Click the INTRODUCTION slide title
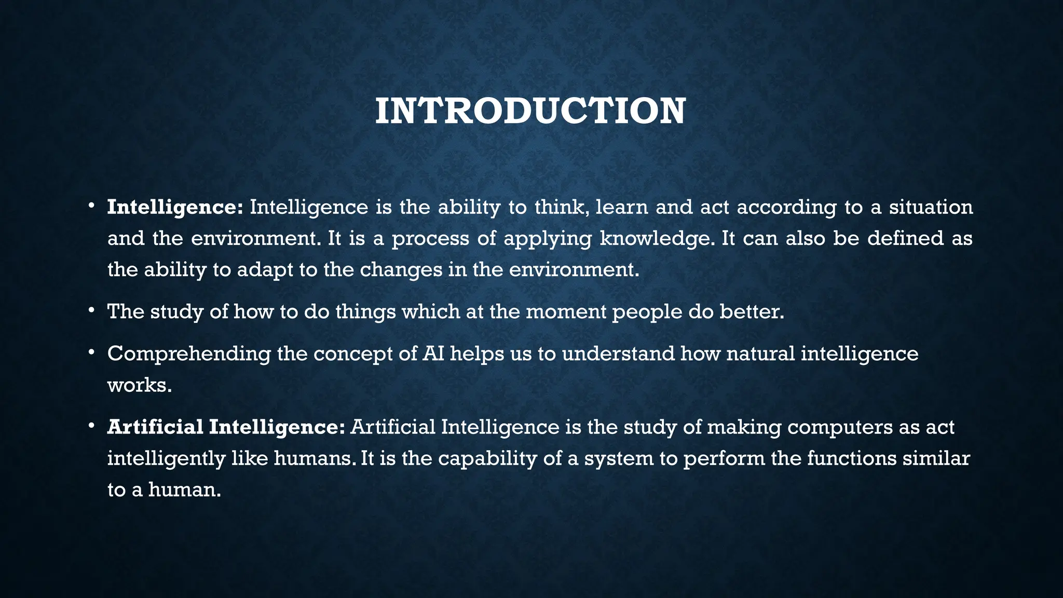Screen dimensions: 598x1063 (x=530, y=112)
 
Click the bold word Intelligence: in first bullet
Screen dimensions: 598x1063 (x=175, y=208)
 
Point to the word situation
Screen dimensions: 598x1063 (x=931, y=208)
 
